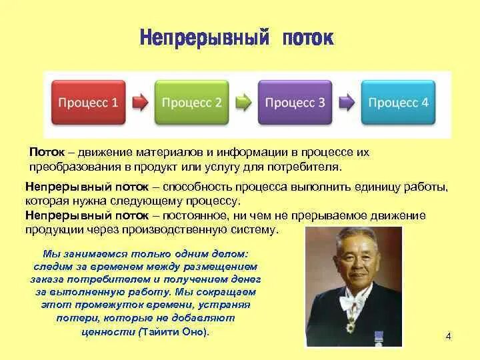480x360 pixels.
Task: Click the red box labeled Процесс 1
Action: pos(89,102)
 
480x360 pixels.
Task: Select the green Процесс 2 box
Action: pos(191,102)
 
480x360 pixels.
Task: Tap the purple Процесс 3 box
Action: pos(295,102)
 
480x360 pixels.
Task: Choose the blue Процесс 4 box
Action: pos(398,102)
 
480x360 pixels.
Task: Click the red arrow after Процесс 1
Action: pos(140,102)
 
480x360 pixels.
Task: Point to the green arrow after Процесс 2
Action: pos(243,102)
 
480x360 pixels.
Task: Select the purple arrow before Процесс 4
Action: pos(347,102)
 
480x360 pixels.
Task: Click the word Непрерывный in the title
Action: pos(205,38)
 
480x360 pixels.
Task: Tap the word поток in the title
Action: pos(308,39)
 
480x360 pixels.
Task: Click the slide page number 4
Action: pos(448,336)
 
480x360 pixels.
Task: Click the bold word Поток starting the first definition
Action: pos(47,152)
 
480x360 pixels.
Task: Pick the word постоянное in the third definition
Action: pos(195,215)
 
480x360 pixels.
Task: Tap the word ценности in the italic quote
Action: pos(109,332)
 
